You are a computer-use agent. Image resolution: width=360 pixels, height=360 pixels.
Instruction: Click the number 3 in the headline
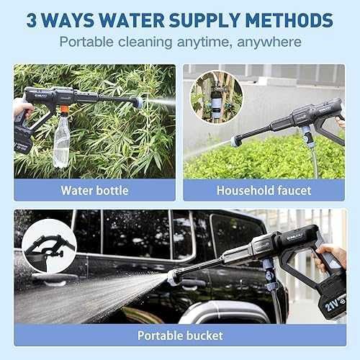tap(32, 20)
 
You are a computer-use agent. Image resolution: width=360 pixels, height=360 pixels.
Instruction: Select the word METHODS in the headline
tap(289, 20)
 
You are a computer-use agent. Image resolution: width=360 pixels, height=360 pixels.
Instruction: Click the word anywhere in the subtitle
tap(269, 42)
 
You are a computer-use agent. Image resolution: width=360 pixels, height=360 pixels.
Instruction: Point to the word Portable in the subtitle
tap(86, 42)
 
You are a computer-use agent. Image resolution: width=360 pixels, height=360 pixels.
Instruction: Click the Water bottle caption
tap(95, 191)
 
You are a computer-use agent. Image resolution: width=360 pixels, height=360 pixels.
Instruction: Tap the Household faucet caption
tap(264, 191)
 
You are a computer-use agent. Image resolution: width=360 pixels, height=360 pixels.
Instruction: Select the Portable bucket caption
tap(180, 336)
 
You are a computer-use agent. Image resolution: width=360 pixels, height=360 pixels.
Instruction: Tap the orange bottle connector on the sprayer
tap(64, 110)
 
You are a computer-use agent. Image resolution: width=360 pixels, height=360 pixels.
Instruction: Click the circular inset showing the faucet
tap(216, 96)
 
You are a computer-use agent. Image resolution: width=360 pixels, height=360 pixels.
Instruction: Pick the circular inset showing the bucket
tap(49, 246)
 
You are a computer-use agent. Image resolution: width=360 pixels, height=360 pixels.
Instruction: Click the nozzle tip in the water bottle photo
tap(139, 102)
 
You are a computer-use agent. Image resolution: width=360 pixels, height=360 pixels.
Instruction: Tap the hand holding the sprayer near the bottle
tap(22, 109)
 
